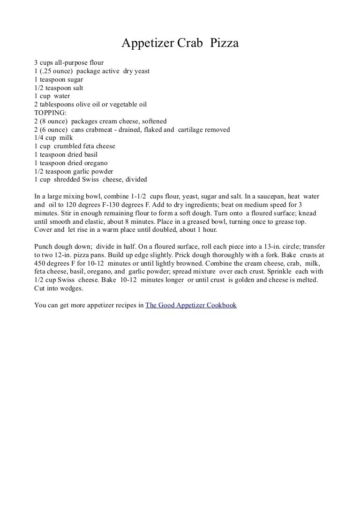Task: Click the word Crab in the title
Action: [190, 44]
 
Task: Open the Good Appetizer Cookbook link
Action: [191, 305]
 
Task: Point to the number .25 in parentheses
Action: [47, 71]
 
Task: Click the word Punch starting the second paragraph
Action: [44, 246]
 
